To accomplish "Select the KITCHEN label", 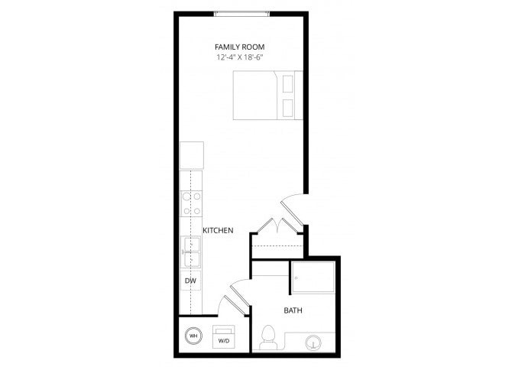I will pyautogui.click(x=218, y=230).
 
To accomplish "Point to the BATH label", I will pyautogui.click(x=293, y=310).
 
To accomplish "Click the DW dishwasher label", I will pyautogui.click(x=191, y=281).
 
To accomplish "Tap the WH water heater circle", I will pyautogui.click(x=193, y=336).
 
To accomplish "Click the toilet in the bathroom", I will pyautogui.click(x=268, y=337).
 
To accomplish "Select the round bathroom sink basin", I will pyautogui.click(x=313, y=340).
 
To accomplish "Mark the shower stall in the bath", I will pyautogui.click(x=313, y=277).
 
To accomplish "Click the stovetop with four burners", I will pyautogui.click(x=191, y=203).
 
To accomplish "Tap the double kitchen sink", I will pyautogui.click(x=191, y=252).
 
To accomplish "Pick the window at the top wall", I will pyautogui.click(x=241, y=13).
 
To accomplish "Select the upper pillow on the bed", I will pyautogui.click(x=289, y=82).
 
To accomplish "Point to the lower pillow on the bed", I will pyautogui.click(x=289, y=108).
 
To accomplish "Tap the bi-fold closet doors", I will pyautogui.click(x=277, y=227).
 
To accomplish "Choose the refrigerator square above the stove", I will pyautogui.click(x=191, y=155).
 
